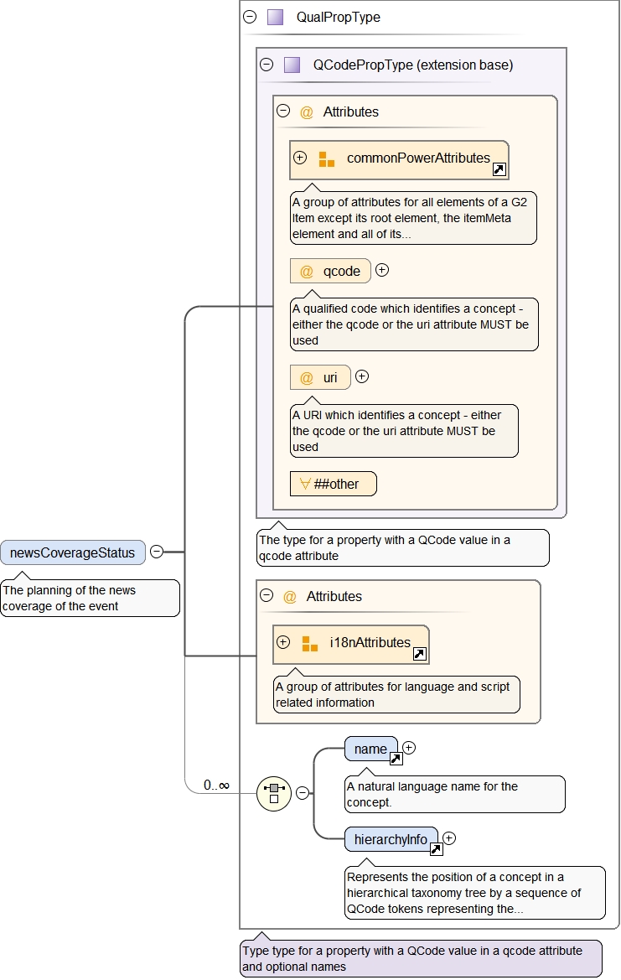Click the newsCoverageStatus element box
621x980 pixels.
click(73, 552)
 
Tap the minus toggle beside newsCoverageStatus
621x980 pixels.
click(157, 552)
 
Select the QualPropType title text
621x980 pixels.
click(338, 17)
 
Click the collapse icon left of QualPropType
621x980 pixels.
click(250, 17)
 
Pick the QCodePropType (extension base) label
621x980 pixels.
click(412, 65)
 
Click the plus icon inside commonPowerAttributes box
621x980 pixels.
click(300, 158)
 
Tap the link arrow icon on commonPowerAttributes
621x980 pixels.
click(499, 170)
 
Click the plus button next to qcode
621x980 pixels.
click(382, 270)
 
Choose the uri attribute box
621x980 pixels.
click(320, 377)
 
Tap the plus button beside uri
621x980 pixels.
click(362, 376)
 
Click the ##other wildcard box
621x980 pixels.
click(333, 484)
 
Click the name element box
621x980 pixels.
click(370, 749)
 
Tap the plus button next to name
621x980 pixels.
click(409, 748)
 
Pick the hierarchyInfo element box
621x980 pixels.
click(391, 839)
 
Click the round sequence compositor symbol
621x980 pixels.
click(273, 793)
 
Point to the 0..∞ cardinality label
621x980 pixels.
click(216, 786)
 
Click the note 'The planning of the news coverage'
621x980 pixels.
click(90, 598)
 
